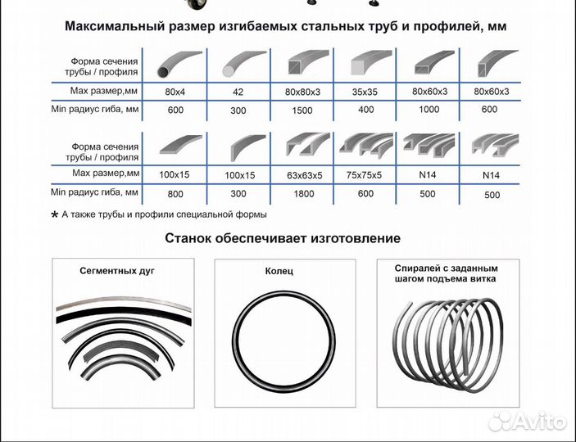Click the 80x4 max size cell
[x=175, y=91]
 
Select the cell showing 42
[x=238, y=91]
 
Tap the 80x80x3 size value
[x=301, y=91]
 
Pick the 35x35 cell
[x=365, y=91]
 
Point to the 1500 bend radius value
[x=301, y=110]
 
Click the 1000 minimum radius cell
[x=429, y=110]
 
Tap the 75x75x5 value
[x=365, y=174]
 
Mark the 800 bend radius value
[x=175, y=194]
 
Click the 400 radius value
[x=365, y=110]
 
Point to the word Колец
[x=279, y=271]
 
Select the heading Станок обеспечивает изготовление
[x=283, y=239]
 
